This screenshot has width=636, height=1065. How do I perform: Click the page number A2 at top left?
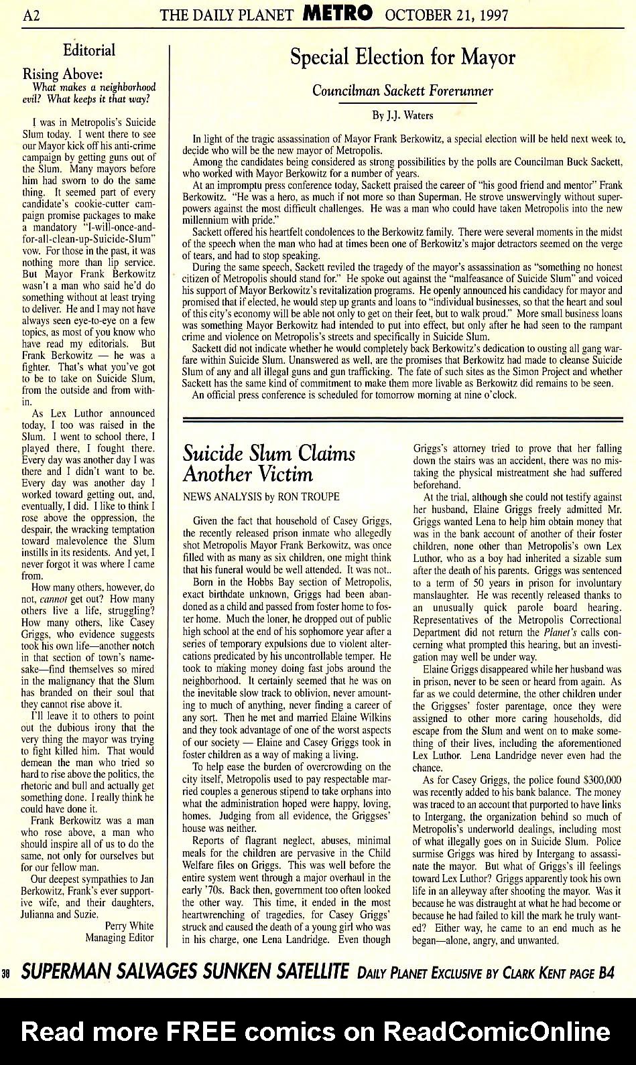pyautogui.click(x=31, y=15)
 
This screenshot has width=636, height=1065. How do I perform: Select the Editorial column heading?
pyautogui.click(x=88, y=50)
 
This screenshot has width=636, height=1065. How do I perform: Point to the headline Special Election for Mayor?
pyautogui.click(x=402, y=58)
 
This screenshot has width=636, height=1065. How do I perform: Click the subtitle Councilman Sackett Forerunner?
pyautogui.click(x=402, y=91)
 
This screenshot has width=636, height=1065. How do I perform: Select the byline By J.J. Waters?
pyautogui.click(x=402, y=115)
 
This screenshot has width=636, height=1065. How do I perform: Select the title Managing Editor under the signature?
pyautogui.click(x=119, y=938)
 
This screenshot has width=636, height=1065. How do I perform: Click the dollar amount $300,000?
pyautogui.click(x=602, y=780)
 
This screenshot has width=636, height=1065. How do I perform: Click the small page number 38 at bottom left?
pyautogui.click(x=6, y=974)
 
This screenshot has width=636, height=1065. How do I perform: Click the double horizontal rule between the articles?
pyautogui.click(x=402, y=420)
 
